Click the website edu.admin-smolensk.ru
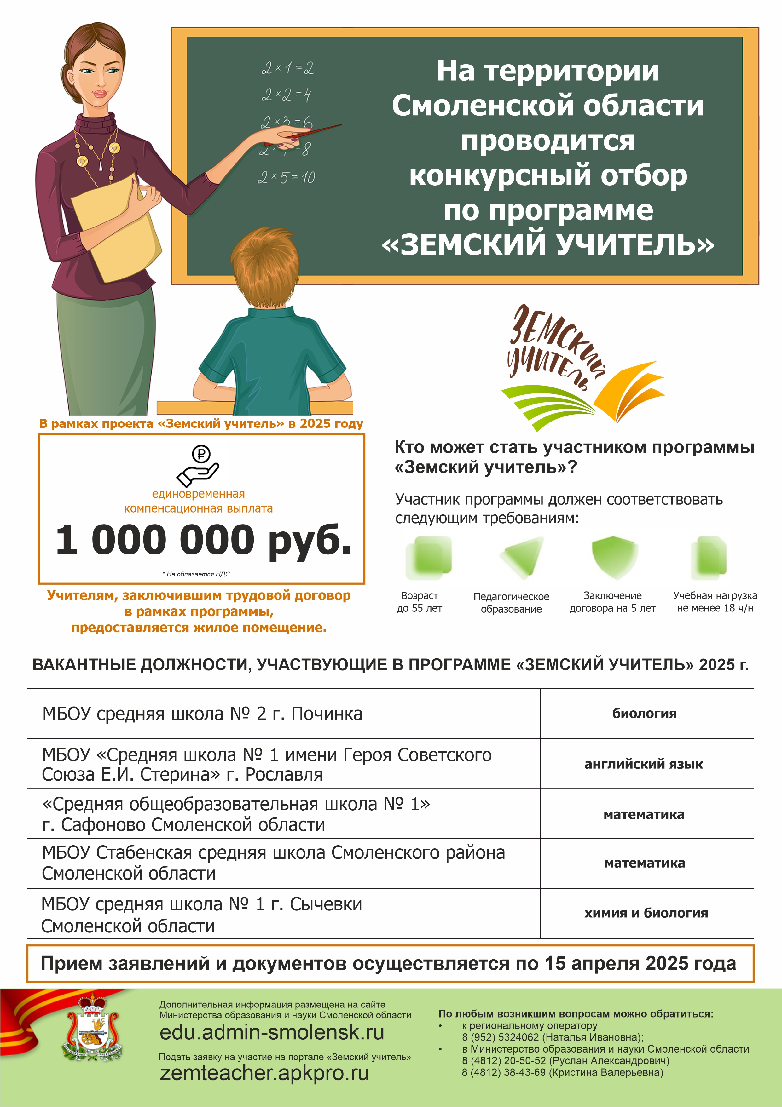coord(272,1032)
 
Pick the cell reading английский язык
coord(644,764)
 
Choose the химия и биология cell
coord(646,913)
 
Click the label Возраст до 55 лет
coord(419,602)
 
